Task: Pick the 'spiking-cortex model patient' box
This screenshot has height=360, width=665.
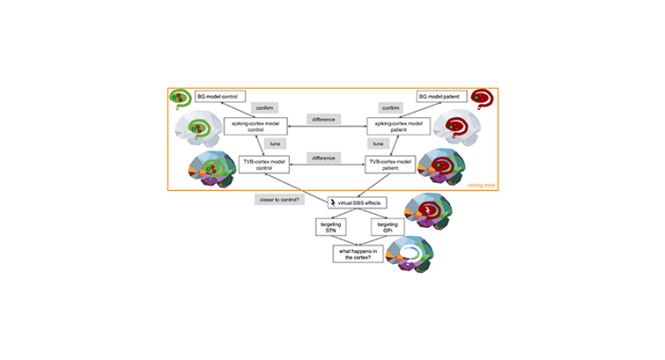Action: click(x=394, y=127)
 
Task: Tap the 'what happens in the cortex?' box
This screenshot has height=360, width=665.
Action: click(x=358, y=254)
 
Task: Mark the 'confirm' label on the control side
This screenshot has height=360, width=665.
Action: click(x=264, y=108)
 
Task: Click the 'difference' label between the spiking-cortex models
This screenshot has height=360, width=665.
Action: click(x=323, y=119)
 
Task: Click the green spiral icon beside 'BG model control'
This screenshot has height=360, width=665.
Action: click(x=178, y=97)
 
